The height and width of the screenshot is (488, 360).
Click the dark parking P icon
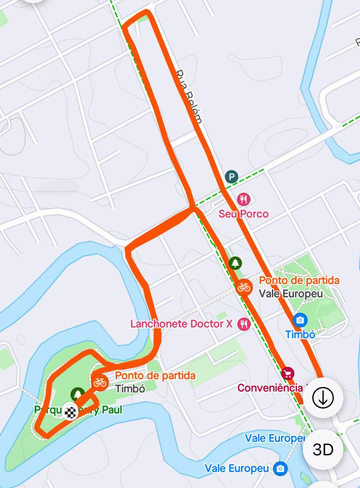[231, 177]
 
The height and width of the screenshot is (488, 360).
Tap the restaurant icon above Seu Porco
[243, 199]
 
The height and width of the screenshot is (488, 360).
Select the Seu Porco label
[243, 214]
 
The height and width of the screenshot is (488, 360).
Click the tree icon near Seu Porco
[235, 263]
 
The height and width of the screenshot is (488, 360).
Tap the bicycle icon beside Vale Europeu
[244, 287]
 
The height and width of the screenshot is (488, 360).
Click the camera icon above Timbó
[300, 320]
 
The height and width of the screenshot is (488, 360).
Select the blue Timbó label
[300, 334]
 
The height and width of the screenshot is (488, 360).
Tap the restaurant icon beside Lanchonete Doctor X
[244, 324]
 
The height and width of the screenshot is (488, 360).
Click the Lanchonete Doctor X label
[181, 324]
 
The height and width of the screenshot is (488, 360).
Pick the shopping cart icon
[288, 373]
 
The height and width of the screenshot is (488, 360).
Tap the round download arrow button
[323, 398]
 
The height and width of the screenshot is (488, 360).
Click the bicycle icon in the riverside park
[100, 382]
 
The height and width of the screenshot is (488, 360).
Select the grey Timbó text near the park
[130, 389]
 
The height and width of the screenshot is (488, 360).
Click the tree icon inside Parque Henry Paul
[78, 394]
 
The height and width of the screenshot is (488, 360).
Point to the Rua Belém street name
[189, 96]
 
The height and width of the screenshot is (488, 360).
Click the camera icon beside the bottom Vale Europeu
[280, 468]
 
